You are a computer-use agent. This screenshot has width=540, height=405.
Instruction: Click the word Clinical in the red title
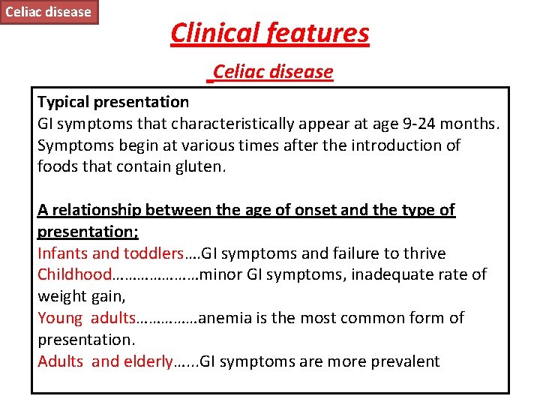point(217,33)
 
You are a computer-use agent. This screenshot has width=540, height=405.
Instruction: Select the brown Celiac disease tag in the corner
point(49,11)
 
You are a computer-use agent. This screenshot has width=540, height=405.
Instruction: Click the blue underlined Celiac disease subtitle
point(273,72)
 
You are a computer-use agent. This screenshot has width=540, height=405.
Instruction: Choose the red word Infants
point(61,253)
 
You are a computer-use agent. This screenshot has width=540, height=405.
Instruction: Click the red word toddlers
point(154,253)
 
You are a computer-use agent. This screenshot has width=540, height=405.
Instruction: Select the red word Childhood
point(74,275)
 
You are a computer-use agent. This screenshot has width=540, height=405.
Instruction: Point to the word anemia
point(224,318)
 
